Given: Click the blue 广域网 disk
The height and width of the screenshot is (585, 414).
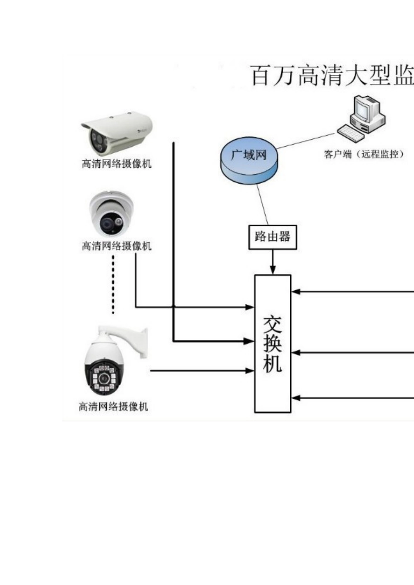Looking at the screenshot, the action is click(x=249, y=161).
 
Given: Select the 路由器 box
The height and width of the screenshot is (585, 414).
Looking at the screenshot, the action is click(x=272, y=237).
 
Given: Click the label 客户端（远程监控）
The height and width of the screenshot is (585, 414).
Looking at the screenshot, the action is click(x=364, y=155).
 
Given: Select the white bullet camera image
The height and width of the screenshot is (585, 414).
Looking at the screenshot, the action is click(x=117, y=133).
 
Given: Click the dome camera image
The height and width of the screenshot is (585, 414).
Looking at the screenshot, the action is click(x=112, y=213).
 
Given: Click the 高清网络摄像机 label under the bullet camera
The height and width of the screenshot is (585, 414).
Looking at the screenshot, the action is click(x=117, y=164).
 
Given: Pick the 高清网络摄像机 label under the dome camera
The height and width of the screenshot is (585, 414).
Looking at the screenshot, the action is click(x=117, y=246).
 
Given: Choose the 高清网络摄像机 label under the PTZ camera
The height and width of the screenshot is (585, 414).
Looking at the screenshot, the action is click(x=113, y=407).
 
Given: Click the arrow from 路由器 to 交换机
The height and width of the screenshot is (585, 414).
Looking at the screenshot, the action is click(x=273, y=262).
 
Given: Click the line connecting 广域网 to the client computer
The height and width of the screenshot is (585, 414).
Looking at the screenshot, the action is click(x=305, y=141).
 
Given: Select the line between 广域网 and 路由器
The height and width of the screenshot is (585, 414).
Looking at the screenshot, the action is click(x=262, y=205).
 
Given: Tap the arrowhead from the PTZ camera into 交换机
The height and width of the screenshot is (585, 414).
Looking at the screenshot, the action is click(x=250, y=370).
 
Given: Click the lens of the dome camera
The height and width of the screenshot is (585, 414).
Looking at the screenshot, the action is click(x=107, y=222).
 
